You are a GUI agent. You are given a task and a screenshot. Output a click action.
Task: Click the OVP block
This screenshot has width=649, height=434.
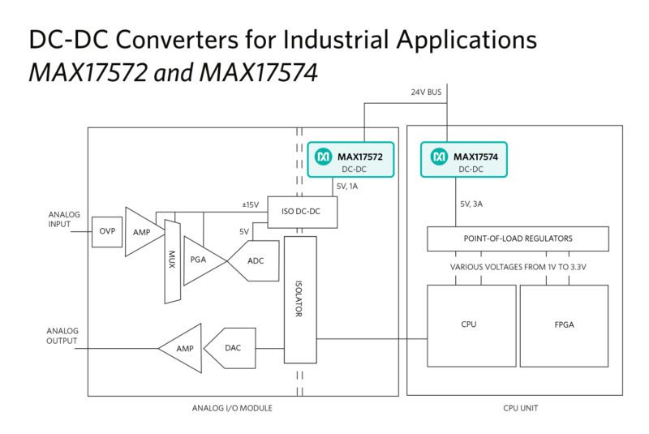coord(106,231)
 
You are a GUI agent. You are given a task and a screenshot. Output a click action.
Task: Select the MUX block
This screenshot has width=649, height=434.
coord(170,260)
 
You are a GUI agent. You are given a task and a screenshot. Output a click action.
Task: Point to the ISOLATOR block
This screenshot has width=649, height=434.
coord(301,299)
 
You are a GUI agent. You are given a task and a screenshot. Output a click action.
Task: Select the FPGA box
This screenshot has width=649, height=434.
coord(564,324)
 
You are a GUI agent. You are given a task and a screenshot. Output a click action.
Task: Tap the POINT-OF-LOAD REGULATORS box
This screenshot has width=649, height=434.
coord(518,238)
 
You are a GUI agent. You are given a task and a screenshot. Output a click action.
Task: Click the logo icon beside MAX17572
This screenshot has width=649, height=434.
coord(322,155)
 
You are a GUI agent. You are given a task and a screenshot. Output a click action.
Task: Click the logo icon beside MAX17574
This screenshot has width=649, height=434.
coord(439,155)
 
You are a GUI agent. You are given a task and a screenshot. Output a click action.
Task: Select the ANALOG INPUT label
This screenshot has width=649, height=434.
coord(59,221)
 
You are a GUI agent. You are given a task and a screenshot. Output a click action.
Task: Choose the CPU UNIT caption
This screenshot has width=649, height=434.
coord(514,407)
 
